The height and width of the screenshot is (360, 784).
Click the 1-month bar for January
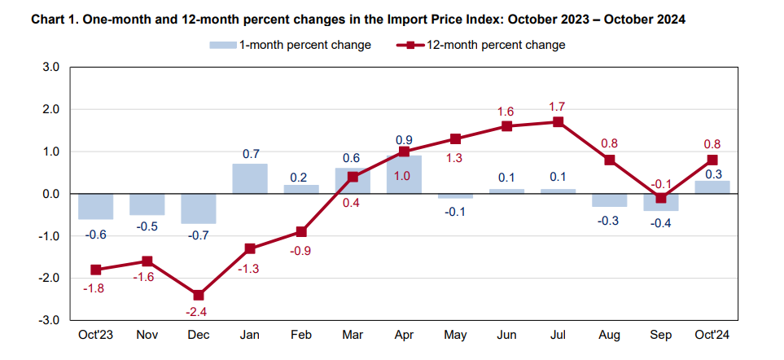250,178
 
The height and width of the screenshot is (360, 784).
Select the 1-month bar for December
199,209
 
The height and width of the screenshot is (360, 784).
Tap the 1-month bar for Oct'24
712,187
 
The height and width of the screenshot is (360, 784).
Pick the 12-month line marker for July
558,122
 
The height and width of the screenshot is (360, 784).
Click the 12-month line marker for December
199,295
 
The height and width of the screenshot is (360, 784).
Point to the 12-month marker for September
660,198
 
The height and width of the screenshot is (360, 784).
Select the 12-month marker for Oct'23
96,270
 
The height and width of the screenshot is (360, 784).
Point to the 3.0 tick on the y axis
50,67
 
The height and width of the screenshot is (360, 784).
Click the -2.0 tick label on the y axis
49,278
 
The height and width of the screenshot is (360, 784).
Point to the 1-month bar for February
301,189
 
